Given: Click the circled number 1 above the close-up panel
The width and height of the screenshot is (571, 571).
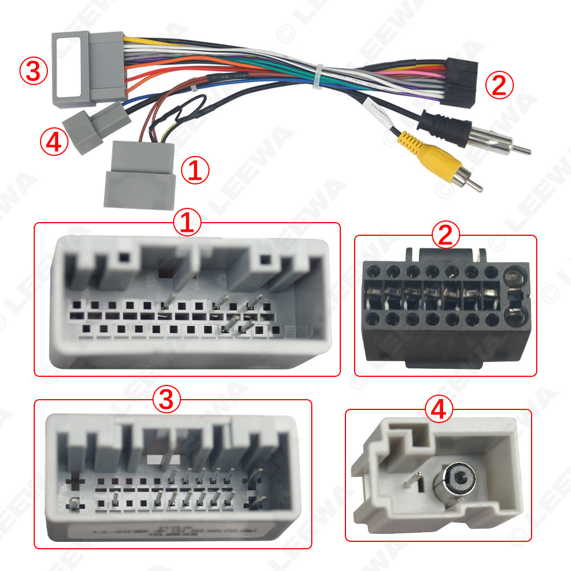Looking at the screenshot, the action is (x=188, y=223).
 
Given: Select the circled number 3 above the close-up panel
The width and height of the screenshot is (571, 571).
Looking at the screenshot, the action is (x=166, y=400).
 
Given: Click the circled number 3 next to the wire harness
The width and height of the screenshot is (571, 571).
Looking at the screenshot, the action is (x=33, y=71).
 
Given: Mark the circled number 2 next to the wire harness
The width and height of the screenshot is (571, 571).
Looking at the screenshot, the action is (x=499, y=86).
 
